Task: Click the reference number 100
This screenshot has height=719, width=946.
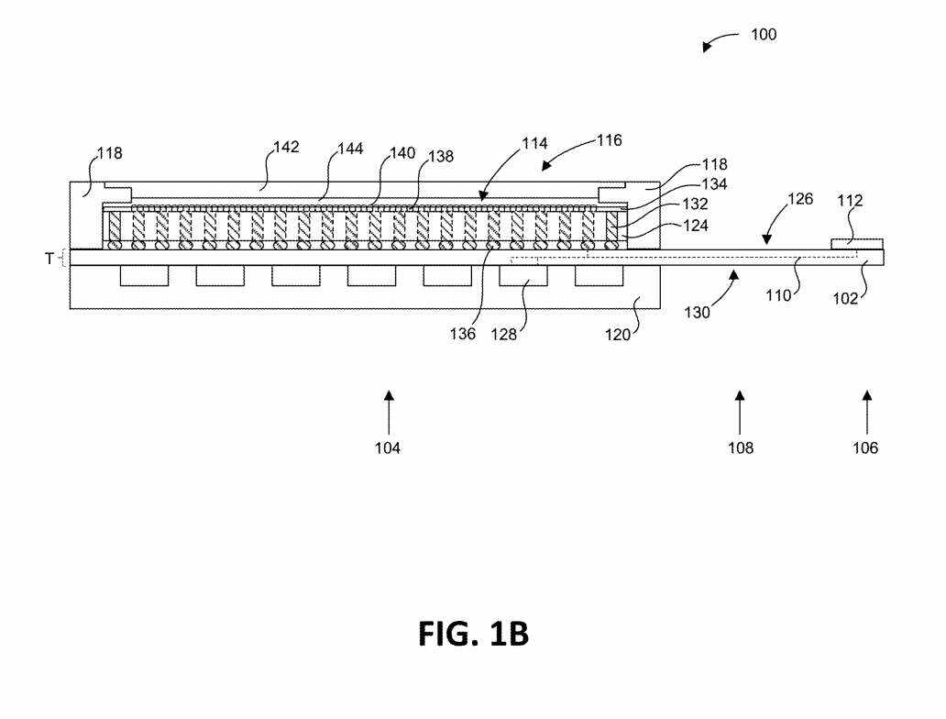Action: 763,35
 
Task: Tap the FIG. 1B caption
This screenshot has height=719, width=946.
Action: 473,634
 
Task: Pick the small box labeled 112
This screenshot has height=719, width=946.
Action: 857,243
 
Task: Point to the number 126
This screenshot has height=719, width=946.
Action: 800,199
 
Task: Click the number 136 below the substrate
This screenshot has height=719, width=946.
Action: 463,334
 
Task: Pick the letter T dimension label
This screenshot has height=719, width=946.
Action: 50,260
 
